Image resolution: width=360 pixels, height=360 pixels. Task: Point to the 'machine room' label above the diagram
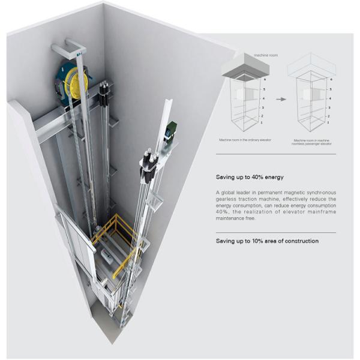[x=247, y=55]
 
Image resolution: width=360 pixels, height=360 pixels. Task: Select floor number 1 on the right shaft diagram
[x=329, y=122]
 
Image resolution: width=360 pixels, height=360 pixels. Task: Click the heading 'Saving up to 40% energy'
[x=250, y=177]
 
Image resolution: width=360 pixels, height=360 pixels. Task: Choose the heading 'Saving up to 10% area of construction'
[x=267, y=241]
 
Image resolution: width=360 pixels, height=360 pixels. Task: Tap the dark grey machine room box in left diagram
[x=242, y=68]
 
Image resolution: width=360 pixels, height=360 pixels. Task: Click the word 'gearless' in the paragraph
[x=229, y=199]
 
